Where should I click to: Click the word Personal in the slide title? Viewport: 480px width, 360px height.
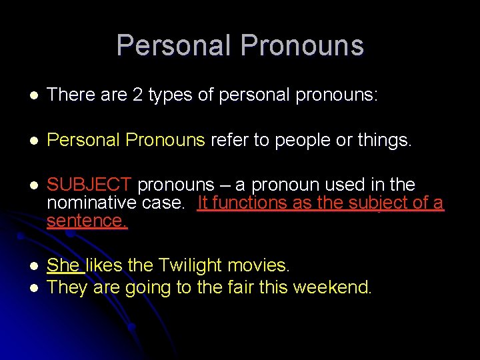click(174, 45)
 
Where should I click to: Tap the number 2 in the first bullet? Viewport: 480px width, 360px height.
click(137, 95)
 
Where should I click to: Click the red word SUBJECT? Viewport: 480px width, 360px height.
click(91, 185)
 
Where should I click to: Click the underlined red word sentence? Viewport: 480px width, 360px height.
click(87, 221)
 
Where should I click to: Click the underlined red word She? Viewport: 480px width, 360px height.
click(63, 265)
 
